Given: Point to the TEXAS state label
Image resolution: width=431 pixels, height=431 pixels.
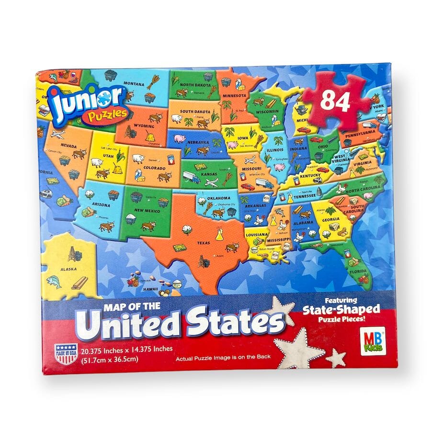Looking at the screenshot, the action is (x=203, y=243).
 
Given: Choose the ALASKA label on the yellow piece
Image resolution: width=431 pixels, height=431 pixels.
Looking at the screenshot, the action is (x=68, y=269).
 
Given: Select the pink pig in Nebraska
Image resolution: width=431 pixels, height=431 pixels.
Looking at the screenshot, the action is (x=180, y=139).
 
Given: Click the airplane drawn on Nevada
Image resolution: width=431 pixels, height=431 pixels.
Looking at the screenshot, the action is (x=57, y=134).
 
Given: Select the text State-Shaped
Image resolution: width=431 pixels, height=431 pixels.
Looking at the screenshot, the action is (x=341, y=309).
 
